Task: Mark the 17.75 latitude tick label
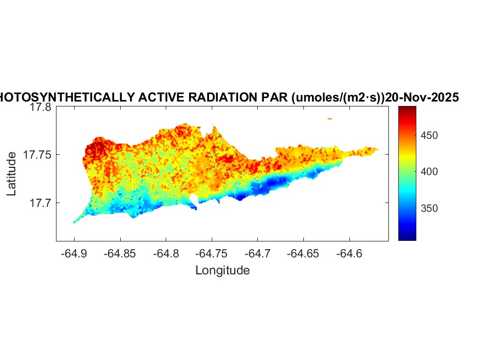37,155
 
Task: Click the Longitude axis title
222,270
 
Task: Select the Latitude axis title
12,175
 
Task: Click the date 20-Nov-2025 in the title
422,98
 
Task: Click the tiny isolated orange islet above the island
330,119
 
